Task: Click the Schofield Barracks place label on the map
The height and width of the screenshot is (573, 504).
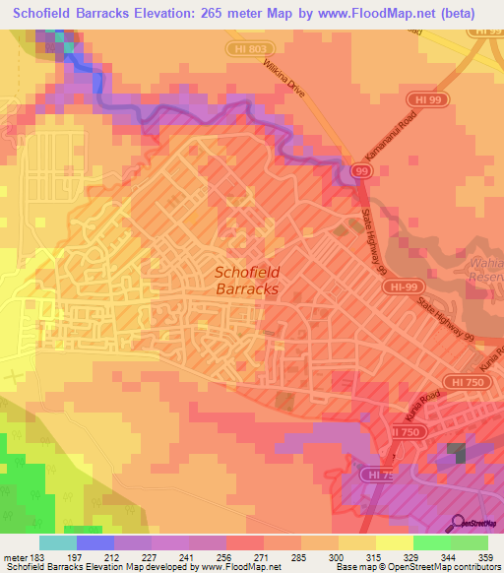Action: coord(247,281)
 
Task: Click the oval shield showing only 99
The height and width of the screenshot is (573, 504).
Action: coord(361,172)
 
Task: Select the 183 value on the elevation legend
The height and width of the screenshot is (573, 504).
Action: coord(37,556)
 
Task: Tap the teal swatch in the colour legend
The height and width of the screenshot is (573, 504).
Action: coord(57,542)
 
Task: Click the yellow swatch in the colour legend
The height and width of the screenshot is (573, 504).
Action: coord(394,542)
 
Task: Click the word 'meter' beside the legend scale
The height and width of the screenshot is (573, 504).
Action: coord(13,556)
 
